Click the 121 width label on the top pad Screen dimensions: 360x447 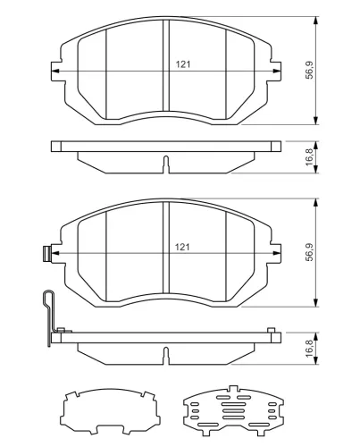point(183,64)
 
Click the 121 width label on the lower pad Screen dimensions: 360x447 point(182,247)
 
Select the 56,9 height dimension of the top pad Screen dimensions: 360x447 point(310,71)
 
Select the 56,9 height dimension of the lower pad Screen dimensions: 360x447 point(310,252)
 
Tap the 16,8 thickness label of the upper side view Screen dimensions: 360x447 point(310,157)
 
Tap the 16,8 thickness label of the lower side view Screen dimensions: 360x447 point(310,348)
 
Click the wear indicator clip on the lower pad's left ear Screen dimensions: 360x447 point(47,254)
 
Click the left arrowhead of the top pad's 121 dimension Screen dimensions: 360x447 point(55,72)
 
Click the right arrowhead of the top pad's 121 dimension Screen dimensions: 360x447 point(277,72)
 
